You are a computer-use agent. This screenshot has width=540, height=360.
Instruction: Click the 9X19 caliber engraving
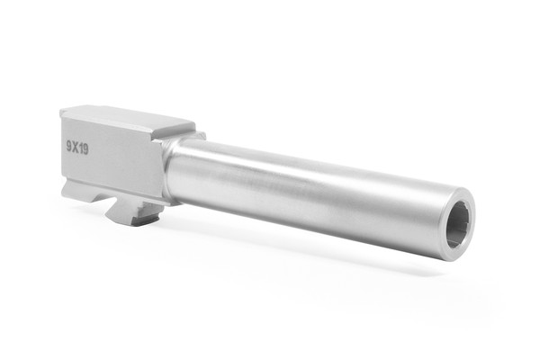click(76, 147)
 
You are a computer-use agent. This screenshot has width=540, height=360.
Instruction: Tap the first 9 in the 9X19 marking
click(68, 147)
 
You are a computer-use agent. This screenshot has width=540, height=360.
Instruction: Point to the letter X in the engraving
click(75, 147)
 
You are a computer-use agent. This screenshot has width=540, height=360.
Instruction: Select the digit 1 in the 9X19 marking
click(80, 147)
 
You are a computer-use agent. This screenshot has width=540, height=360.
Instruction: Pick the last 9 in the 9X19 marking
click(85, 147)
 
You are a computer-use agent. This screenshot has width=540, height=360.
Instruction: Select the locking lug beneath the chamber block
click(130, 212)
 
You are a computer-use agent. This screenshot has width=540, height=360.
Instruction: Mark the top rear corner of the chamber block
click(62, 111)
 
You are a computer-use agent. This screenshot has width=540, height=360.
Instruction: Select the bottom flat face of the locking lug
click(135, 220)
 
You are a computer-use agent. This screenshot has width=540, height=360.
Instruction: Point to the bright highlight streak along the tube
click(297, 175)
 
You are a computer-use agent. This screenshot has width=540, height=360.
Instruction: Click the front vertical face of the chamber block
click(157, 166)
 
